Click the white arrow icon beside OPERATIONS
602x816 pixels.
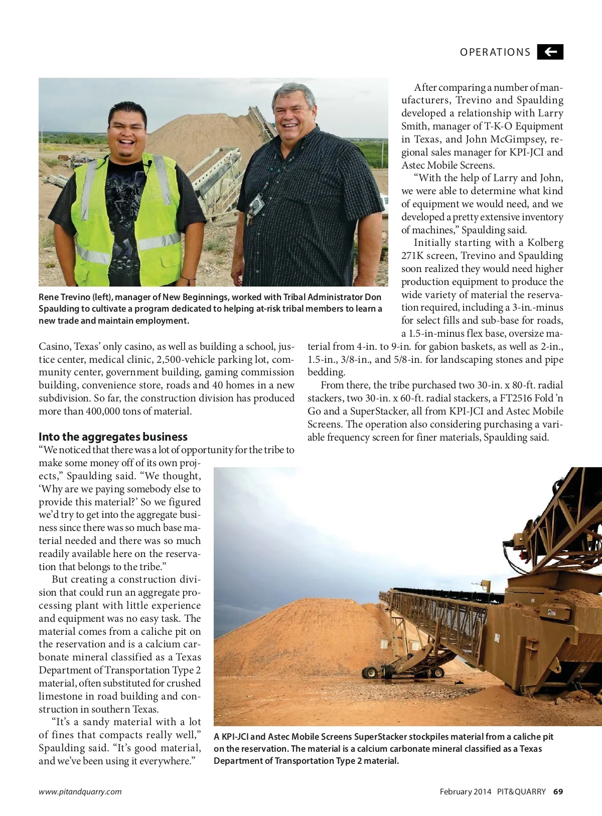[550, 52]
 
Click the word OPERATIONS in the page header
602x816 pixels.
[495, 52]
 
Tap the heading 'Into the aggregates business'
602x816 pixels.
[113, 437]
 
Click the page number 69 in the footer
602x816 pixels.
[558, 791]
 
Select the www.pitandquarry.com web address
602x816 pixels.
[80, 791]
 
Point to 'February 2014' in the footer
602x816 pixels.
[465, 791]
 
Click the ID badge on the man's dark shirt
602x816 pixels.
[256, 203]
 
